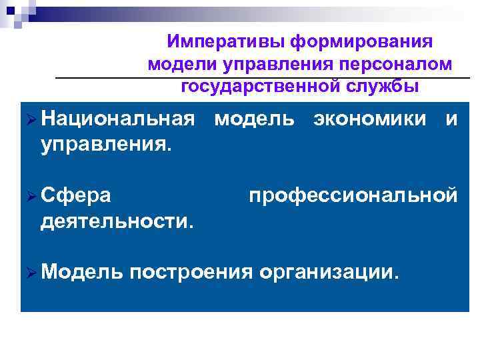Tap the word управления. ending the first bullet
click(x=106, y=144)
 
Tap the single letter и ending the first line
click(x=451, y=120)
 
